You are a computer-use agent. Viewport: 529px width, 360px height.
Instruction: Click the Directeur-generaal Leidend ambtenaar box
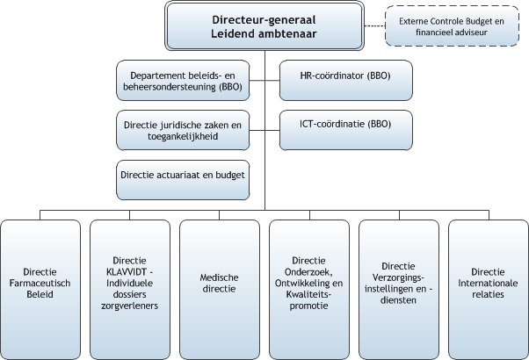[x=264, y=26]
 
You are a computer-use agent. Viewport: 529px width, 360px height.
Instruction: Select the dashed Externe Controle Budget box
[x=452, y=26]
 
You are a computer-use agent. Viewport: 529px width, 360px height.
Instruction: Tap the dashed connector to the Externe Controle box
[x=375, y=26]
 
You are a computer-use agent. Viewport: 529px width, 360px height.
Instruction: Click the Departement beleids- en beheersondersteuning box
[x=183, y=80]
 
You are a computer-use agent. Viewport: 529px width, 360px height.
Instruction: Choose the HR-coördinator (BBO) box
[x=346, y=80]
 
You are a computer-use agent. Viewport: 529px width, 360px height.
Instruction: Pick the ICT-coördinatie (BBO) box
[x=346, y=130]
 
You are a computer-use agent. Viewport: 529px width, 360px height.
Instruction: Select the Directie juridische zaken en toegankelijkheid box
[x=183, y=130]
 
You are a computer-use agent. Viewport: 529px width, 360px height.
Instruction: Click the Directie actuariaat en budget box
[x=183, y=180]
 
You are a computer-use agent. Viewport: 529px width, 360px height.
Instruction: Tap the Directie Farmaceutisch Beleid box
[x=40, y=290]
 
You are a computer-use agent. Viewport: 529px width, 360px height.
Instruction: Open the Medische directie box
[x=220, y=290]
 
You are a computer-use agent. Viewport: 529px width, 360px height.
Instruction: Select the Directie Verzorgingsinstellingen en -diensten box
[x=399, y=290]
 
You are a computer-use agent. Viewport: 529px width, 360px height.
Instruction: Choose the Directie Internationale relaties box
[x=489, y=290]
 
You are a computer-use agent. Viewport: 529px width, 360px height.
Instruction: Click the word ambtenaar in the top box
[x=287, y=34]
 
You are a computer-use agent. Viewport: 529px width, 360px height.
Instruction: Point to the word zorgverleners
[x=129, y=306]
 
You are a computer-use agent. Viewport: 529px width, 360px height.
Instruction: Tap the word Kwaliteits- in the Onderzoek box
[x=308, y=295]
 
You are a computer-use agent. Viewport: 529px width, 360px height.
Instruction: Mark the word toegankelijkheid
[x=183, y=137]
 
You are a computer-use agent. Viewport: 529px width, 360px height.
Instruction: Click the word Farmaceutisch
[x=40, y=283]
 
